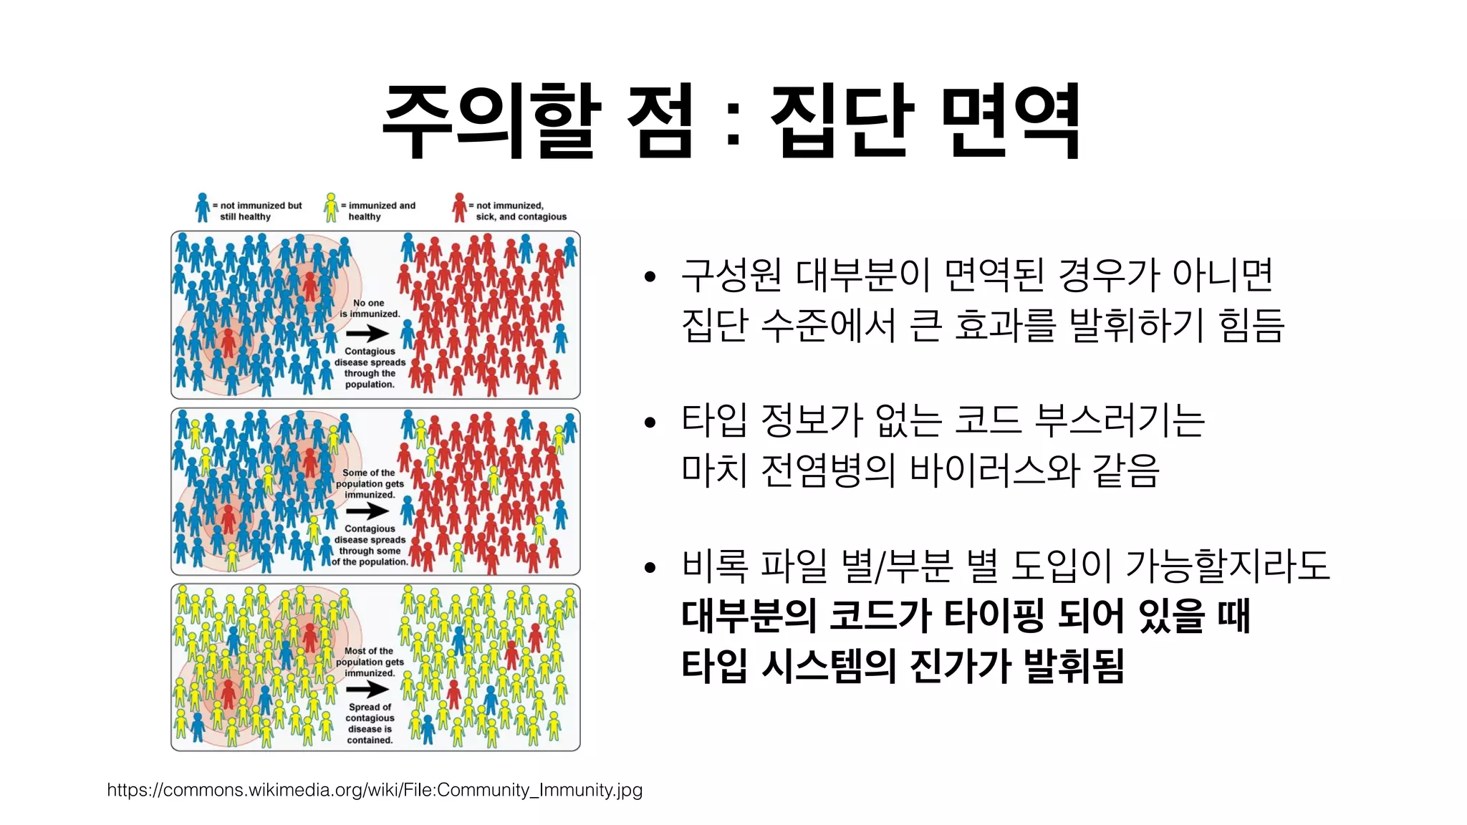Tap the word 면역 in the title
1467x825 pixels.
tap(1010, 120)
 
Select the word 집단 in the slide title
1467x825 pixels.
tap(842, 120)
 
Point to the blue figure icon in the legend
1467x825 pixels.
tap(203, 208)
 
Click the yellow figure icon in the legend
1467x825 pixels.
tap(331, 208)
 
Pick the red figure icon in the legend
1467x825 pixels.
tap(459, 208)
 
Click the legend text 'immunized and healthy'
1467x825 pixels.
tap(380, 211)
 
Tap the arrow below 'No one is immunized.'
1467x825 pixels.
tap(367, 333)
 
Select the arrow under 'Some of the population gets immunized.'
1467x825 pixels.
tap(367, 511)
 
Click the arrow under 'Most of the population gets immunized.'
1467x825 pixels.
tap(367, 689)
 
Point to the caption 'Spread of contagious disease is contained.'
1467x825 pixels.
tap(370, 723)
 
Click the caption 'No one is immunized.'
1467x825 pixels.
tap(370, 309)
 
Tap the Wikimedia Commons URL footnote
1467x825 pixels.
tap(375, 790)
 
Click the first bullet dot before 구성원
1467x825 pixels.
tap(650, 277)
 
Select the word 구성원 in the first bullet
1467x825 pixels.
tap(731, 276)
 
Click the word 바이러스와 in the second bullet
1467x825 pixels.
tap(995, 471)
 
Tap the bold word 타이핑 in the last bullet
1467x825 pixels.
tap(994, 616)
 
